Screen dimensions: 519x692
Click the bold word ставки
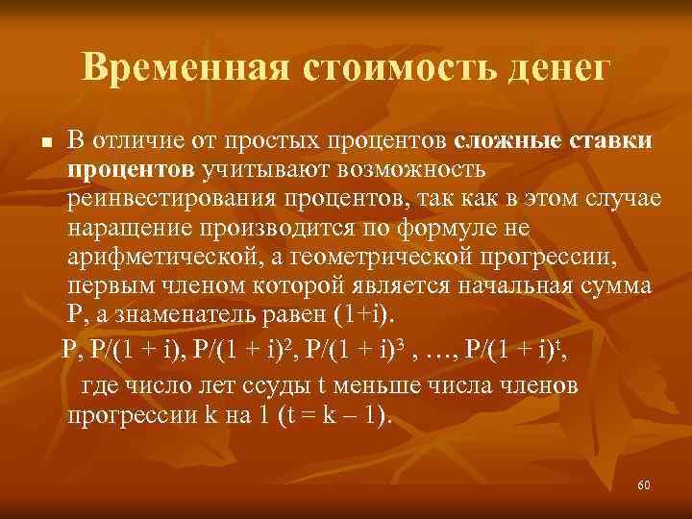coord(608,141)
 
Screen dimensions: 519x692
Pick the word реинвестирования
coord(167,198)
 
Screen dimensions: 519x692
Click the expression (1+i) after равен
coord(365,314)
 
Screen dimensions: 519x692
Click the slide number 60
coord(643,485)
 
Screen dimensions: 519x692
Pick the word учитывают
coord(262,170)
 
